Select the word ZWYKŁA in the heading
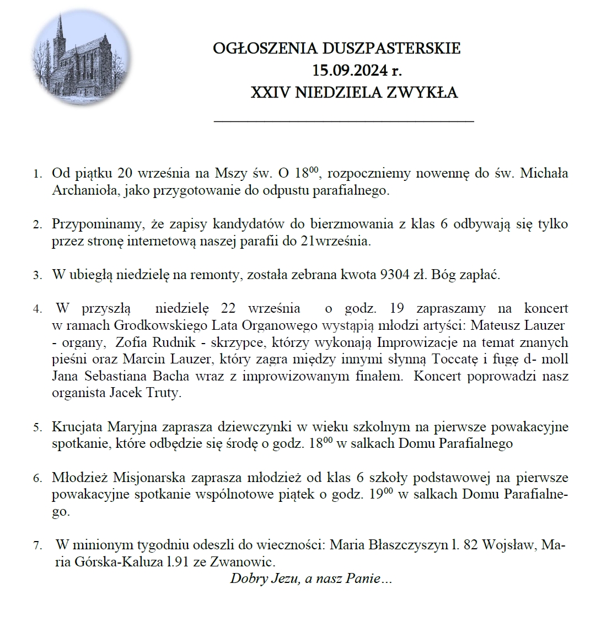424,93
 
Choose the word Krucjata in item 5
77,427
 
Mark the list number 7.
37,546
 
